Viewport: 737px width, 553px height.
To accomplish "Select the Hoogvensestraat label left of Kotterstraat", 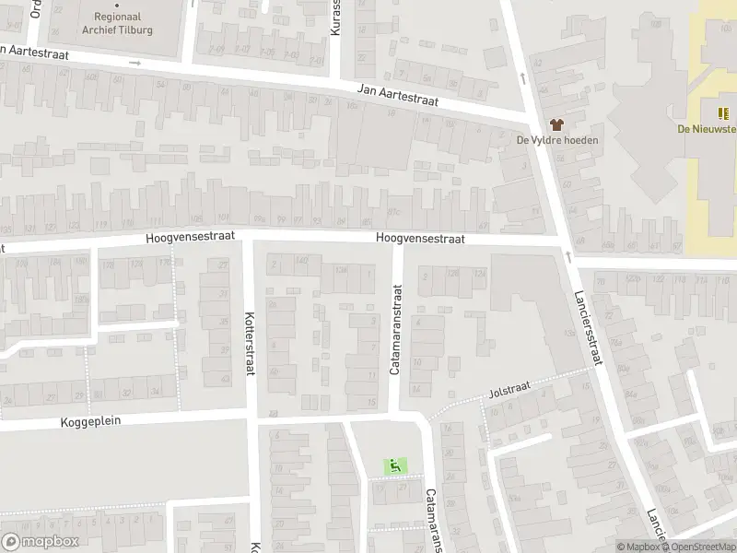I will click(x=190, y=237).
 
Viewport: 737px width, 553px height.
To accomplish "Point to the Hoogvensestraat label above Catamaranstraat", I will click(x=420, y=238).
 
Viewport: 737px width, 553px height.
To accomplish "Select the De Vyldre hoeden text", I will click(x=556, y=140).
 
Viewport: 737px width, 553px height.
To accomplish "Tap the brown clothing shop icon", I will click(x=556, y=124).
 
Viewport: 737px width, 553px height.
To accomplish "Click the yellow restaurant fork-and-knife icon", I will click(x=723, y=113).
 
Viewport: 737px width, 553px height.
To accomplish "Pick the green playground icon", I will click(x=395, y=465).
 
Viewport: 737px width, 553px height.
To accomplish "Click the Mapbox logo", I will click(x=40, y=542).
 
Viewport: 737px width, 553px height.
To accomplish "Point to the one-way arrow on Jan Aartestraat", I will click(x=135, y=63).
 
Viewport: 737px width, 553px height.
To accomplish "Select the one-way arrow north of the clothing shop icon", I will click(x=523, y=77).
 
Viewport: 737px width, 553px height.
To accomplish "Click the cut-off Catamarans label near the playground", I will click(x=432, y=520).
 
